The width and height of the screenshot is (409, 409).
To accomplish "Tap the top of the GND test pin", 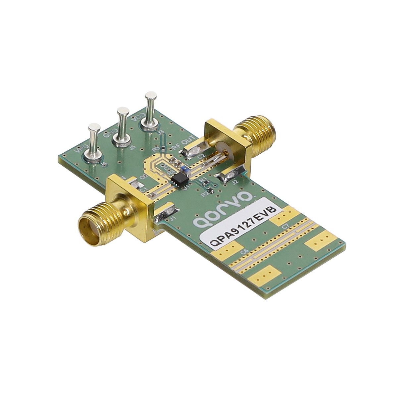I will pos(123,111).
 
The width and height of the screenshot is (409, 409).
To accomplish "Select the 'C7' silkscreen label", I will pos(284,227).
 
